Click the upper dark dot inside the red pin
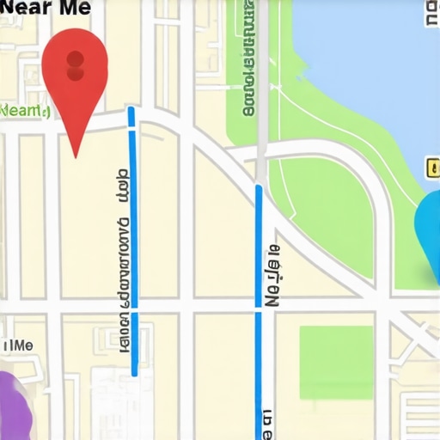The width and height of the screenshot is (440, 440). tap(75, 59)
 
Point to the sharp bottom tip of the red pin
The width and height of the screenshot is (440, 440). tap(76, 156)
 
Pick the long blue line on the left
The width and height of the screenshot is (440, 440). tap(133, 258)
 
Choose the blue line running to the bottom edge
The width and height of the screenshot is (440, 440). tap(259, 309)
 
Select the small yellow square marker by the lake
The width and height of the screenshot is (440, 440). tap(431, 168)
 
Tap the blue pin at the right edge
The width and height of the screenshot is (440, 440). tap(429, 228)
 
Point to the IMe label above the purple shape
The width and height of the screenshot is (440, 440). tap(18, 345)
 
